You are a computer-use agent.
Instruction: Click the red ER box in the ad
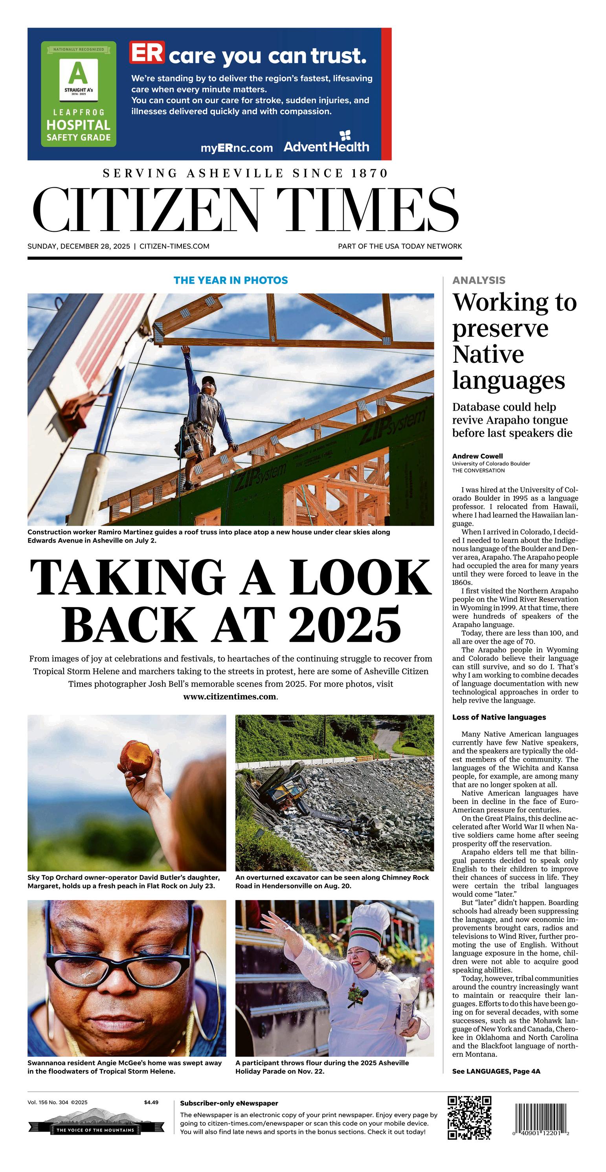[147, 52]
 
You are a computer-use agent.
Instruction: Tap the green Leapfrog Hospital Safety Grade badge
[79, 94]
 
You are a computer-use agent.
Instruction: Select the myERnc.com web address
[237, 148]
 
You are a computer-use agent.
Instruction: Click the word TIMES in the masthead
[367, 210]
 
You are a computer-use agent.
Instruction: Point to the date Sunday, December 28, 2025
[79, 246]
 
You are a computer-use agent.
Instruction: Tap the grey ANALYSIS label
[479, 280]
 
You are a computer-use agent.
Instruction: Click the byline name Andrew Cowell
[477, 456]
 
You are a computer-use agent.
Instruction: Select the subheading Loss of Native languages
[499, 717]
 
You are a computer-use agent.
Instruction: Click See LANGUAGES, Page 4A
[496, 1071]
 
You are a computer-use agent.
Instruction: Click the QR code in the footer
[470, 1117]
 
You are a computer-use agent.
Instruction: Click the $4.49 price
[151, 1102]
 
